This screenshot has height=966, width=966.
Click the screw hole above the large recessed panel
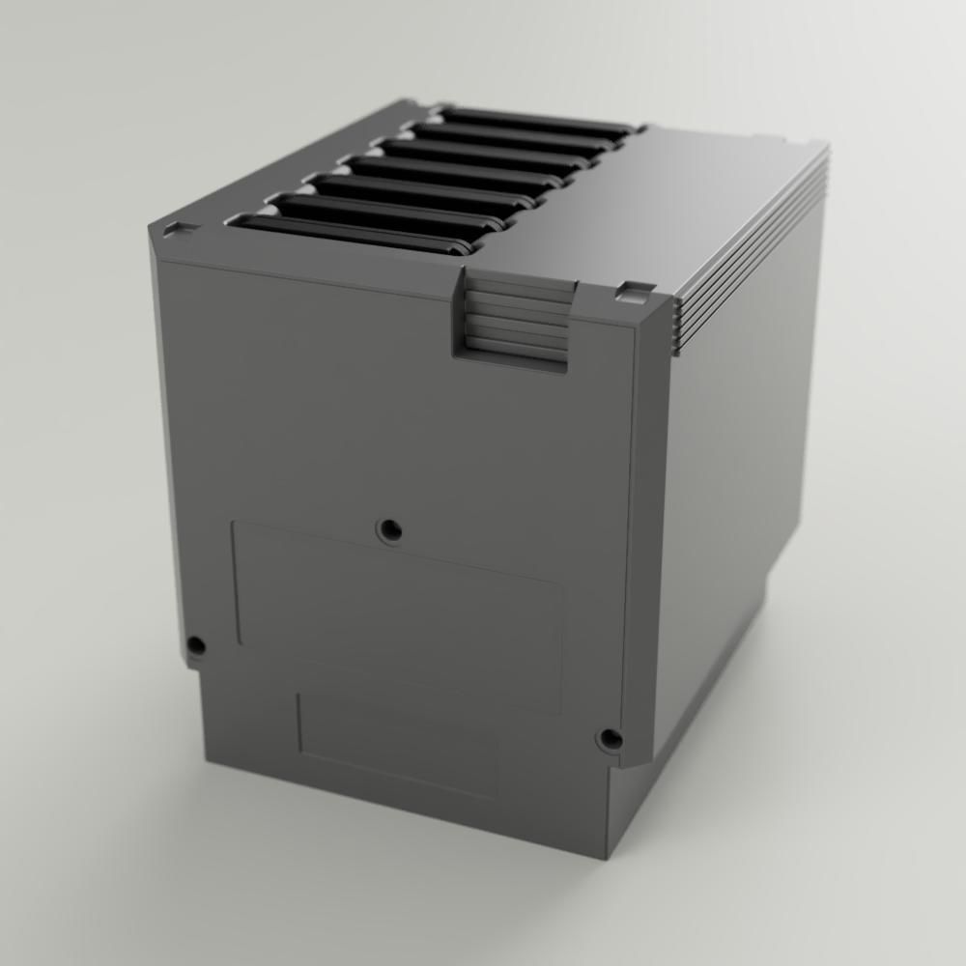[x=390, y=528]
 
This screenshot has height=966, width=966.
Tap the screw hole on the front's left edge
[x=196, y=644]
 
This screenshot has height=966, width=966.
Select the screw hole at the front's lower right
[x=610, y=740]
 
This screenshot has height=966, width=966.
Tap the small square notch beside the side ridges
[x=635, y=289]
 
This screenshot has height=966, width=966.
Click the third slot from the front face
[x=415, y=191]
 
